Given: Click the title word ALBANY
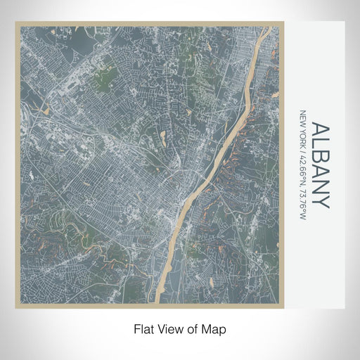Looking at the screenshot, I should pos(319,165).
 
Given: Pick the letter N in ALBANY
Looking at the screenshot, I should pos(319,186).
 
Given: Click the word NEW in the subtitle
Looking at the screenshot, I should pos(304,117).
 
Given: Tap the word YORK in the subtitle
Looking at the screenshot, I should pos(304,135).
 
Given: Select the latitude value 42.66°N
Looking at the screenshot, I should pos(304,167).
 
